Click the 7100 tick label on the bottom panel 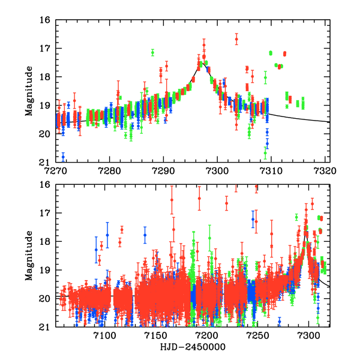pos(104,335)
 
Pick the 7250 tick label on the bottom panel pos(257,335)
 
